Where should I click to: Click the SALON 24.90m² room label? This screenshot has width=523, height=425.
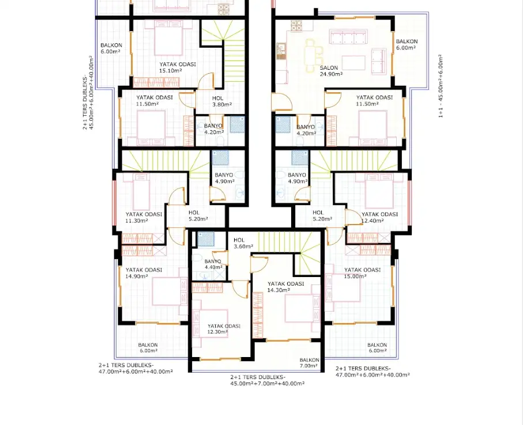click(x=331, y=71)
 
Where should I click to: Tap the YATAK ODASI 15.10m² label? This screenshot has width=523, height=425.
click(x=178, y=67)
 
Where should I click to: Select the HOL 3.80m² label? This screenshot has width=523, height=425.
click(x=222, y=101)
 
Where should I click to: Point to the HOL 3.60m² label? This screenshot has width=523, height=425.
click(x=243, y=243)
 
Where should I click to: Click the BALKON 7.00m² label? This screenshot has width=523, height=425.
click(x=309, y=363)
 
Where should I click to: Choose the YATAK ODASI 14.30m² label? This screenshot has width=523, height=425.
click(x=285, y=287)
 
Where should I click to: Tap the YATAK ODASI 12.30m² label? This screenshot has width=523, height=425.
click(x=224, y=329)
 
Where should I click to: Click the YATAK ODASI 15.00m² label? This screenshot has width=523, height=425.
click(x=362, y=273)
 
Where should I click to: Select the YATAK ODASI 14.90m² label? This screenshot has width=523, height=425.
click(x=144, y=273)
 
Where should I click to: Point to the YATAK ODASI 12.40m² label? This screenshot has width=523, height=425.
click(x=379, y=217)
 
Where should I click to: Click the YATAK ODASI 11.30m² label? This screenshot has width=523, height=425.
click(x=144, y=217)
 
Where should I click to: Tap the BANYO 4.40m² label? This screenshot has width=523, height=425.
click(x=213, y=264)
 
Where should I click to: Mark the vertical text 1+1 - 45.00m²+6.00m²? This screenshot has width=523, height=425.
click(x=441, y=86)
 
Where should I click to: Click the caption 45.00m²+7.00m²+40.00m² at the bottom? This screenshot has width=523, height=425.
click(x=267, y=384)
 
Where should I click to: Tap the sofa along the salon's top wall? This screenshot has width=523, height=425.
click(x=348, y=37)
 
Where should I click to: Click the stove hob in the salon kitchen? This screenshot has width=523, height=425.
click(x=296, y=26)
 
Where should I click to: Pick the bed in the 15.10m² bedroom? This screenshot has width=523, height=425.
click(x=168, y=37)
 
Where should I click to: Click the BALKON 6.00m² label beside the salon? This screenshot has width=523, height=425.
click(x=407, y=45)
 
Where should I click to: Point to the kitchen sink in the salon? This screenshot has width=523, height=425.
click(x=281, y=51)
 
